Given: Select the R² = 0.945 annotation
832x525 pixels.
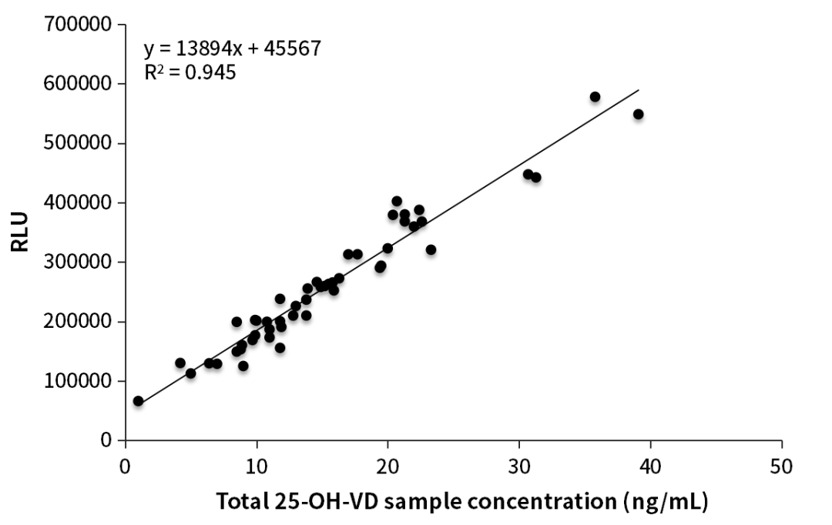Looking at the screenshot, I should tap(190, 73).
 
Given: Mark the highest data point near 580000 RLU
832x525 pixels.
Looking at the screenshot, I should tap(595, 97).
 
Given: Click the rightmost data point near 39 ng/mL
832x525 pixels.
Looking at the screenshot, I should tap(638, 114).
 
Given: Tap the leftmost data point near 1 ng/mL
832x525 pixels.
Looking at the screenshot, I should tap(138, 401).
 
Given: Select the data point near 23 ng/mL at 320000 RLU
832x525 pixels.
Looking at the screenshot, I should tap(431, 249).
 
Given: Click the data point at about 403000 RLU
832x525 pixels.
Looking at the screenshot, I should tap(397, 201).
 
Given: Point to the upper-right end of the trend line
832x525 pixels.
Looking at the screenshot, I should tap(639, 90).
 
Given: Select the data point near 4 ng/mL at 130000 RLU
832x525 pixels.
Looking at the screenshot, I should tap(180, 363).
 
